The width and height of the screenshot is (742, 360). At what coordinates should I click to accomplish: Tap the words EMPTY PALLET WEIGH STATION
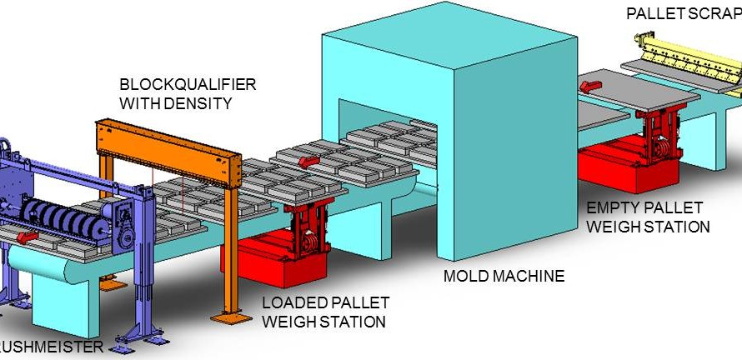pos(648,217)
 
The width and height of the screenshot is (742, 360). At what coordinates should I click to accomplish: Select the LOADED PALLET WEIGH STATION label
pos(324,312)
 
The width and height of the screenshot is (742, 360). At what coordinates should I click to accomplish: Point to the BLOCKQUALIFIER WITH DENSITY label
pos(188,94)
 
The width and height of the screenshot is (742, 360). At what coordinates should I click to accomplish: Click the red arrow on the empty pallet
pos(593,87)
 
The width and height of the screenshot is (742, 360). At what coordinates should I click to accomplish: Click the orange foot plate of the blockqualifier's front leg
pos(228,317)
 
